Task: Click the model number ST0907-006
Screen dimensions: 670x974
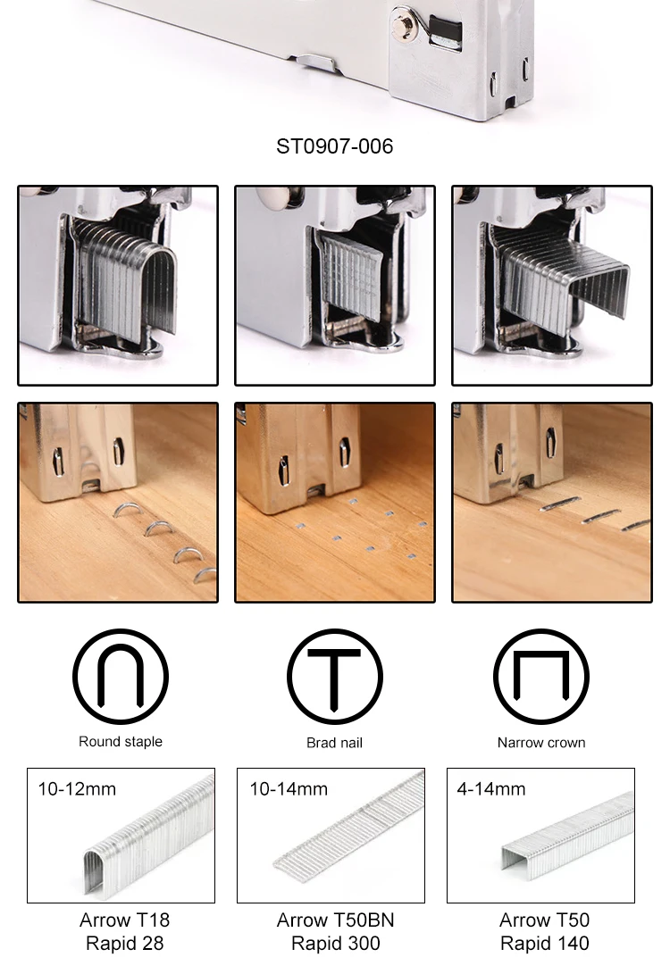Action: (334, 146)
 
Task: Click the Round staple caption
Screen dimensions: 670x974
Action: (121, 741)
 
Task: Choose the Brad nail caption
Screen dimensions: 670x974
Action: (334, 742)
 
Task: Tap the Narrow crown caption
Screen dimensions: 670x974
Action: (541, 742)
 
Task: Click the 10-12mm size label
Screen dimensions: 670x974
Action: (77, 789)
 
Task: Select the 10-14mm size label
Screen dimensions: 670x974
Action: (289, 789)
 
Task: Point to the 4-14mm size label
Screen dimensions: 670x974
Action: (491, 789)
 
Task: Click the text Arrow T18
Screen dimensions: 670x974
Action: (124, 920)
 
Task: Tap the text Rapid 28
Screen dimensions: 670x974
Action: (124, 944)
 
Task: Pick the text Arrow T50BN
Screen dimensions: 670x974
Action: (335, 920)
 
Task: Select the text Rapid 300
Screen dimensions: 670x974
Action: (336, 944)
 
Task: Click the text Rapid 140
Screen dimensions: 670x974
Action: (544, 944)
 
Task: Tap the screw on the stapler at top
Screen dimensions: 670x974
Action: (404, 24)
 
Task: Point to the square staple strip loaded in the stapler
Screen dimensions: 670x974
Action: (563, 279)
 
